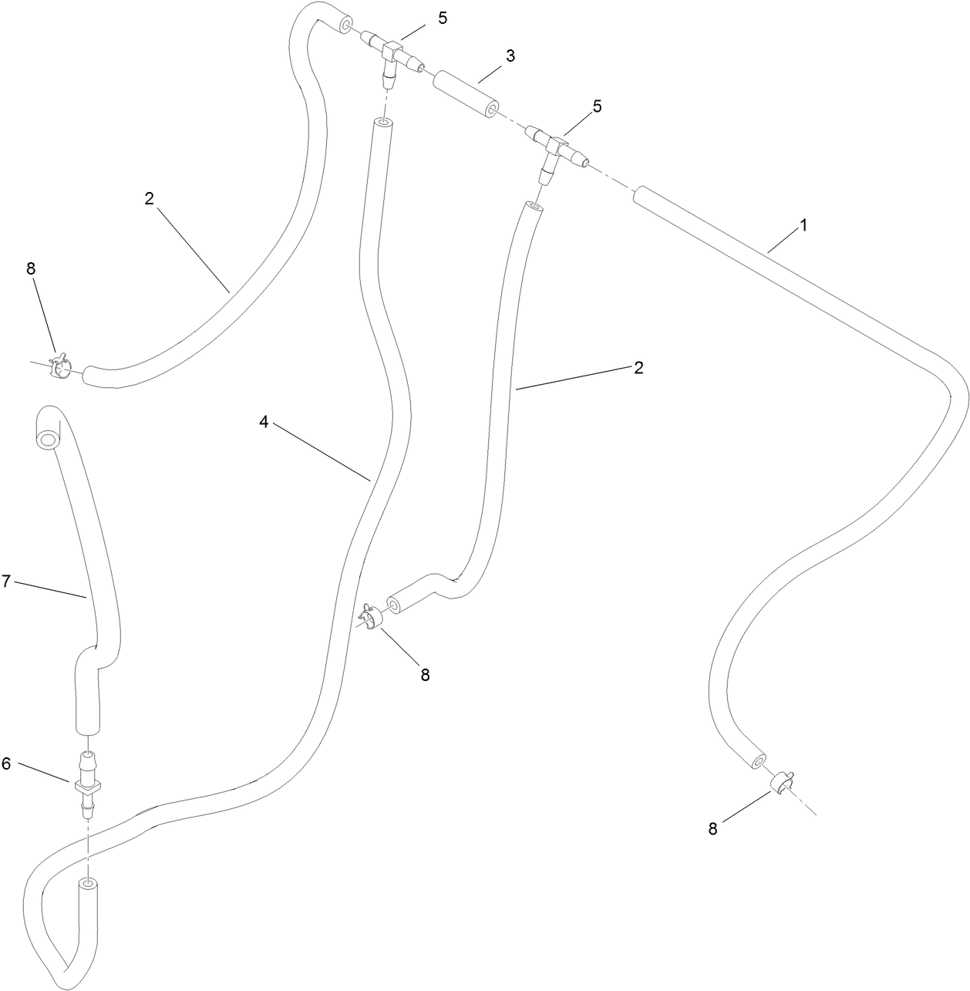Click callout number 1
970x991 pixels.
click(803, 225)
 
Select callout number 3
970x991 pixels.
click(510, 56)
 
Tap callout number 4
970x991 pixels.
click(264, 422)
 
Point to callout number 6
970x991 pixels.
click(6, 763)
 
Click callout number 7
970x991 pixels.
click(6, 581)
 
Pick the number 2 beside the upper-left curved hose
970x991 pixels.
click(149, 199)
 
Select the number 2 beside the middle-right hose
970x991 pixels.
click(638, 368)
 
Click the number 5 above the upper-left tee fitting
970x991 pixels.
click(443, 18)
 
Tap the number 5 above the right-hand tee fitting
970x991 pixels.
click(597, 106)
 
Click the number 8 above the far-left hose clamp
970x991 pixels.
click(31, 268)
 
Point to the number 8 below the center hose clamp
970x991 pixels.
click(425, 675)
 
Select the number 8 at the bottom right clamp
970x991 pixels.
click(712, 828)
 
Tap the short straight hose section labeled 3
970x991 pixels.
click(466, 95)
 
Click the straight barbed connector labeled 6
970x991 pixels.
click(87, 784)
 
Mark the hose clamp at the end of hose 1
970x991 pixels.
click(783, 781)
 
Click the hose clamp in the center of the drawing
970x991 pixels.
click(374, 616)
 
